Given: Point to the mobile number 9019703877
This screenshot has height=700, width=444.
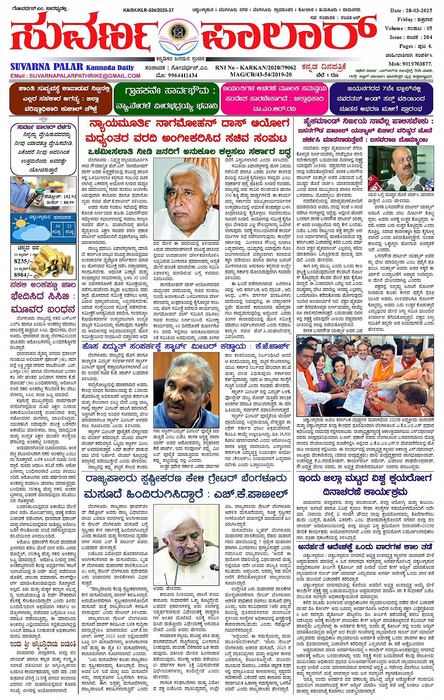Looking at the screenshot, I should coord(410,63).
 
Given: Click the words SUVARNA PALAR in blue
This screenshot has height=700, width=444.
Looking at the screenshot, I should coord(47,67).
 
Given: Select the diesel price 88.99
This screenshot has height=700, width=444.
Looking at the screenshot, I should coord(68,202).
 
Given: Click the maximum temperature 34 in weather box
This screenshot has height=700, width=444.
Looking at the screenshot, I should coord(57,226).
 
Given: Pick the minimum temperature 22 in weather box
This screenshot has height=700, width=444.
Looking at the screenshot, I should coord(69,226).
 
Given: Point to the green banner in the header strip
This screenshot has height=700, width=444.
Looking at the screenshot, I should coord(166,98).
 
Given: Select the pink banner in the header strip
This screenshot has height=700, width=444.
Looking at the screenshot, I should coord(274,98).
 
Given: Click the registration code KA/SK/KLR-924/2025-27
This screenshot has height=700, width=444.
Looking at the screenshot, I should coord(148,10).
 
